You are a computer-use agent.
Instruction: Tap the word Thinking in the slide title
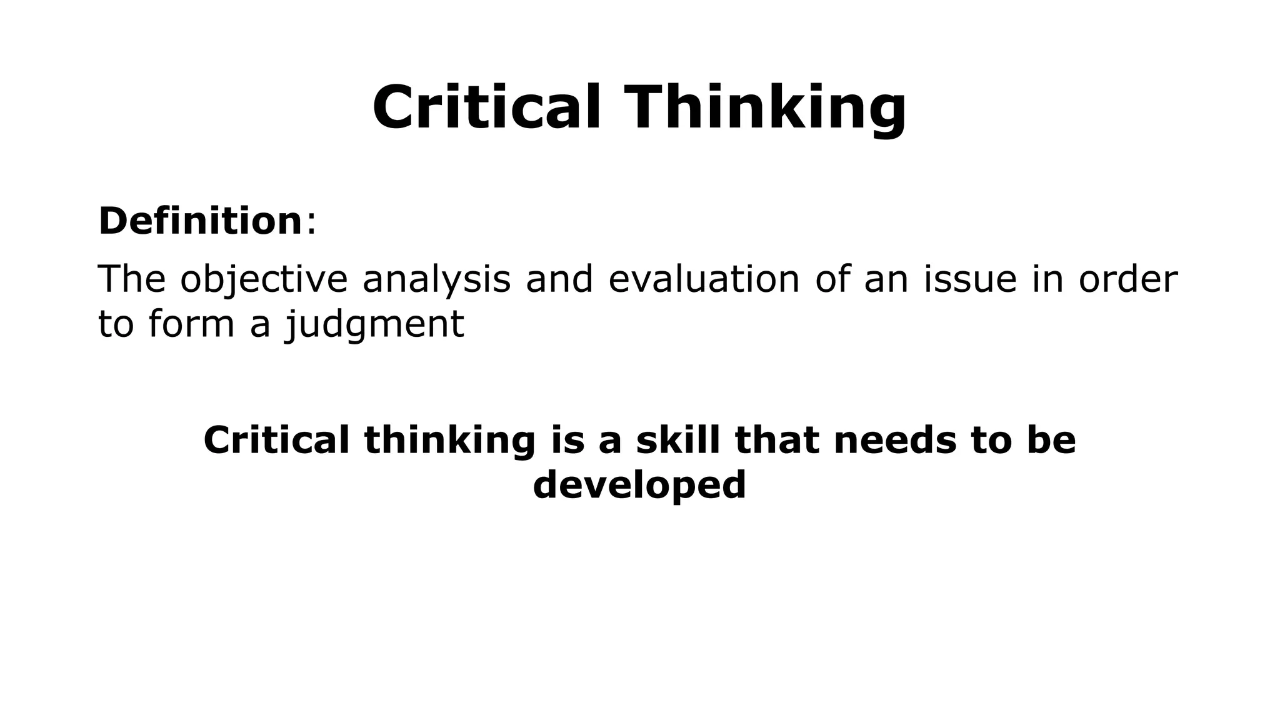click(x=765, y=107)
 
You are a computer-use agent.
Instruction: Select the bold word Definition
click(x=201, y=221)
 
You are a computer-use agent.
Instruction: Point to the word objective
click(x=264, y=279)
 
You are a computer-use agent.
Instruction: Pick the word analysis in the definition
click(x=436, y=279)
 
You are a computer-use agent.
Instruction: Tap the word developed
click(x=639, y=485)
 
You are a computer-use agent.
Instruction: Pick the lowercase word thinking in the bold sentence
click(x=450, y=441)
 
